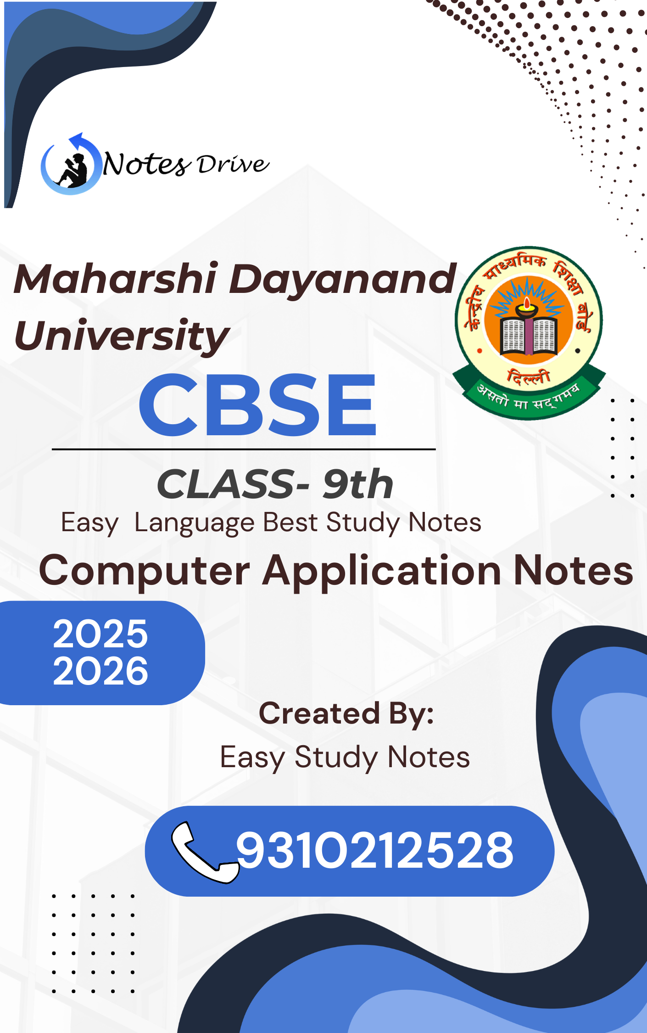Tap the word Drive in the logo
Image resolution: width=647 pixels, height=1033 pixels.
pos(233,164)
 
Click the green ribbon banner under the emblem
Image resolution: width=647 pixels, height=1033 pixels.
pos(529,396)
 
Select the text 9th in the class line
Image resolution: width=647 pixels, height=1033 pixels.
pos(358,484)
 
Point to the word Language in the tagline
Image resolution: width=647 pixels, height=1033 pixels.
pos(195,523)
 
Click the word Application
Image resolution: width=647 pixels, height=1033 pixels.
pos(382,571)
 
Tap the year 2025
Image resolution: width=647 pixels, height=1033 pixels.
pos(100,634)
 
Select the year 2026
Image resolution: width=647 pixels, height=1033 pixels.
pos(100,671)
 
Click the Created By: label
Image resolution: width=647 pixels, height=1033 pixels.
pos(346,714)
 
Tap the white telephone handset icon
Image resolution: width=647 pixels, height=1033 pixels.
pos(205,852)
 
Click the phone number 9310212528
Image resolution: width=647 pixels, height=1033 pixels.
pos(374,850)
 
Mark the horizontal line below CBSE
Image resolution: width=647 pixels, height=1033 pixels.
pos(244,449)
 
